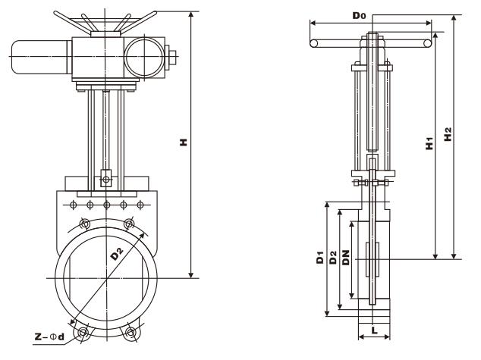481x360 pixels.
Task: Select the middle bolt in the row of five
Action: point(107,204)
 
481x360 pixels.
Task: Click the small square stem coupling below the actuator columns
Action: point(107,180)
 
